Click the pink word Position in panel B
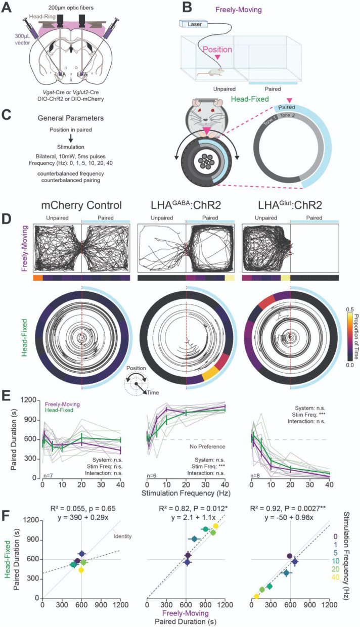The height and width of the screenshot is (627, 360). pos(217,50)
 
